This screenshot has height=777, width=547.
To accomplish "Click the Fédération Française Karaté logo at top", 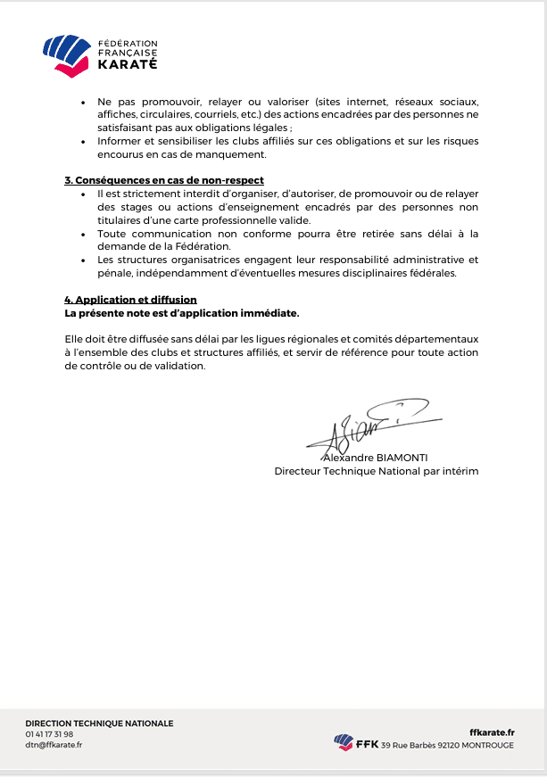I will (100, 54).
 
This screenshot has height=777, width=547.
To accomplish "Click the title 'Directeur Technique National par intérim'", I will (376, 470).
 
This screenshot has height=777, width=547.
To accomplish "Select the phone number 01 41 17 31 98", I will (49, 734).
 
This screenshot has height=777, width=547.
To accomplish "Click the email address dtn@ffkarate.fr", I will (54, 745).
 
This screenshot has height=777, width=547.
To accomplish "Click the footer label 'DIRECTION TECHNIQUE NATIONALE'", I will (99, 723).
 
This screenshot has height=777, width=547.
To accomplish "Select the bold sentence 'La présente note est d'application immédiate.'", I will (182, 313).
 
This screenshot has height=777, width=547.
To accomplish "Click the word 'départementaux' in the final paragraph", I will (436, 340).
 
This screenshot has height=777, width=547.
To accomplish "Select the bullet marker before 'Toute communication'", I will (83, 234).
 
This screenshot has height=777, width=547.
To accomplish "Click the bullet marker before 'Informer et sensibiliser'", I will (83, 141).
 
